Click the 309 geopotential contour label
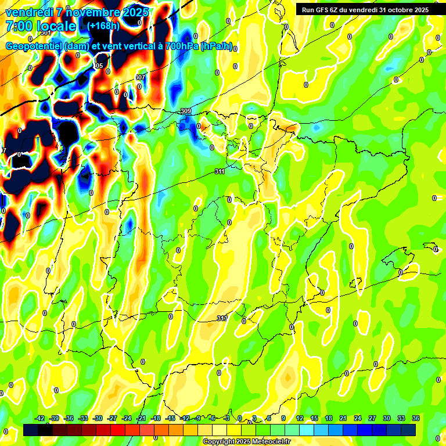(x=186, y=111)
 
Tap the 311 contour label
(x=220, y=171)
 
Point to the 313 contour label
(x=222, y=318)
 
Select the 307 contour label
(x=139, y=77)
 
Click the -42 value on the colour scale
(x=40, y=418)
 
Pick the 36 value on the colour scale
(x=416, y=418)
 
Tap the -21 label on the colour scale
(x=141, y=418)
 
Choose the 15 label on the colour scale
(x=314, y=418)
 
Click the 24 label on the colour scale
(x=358, y=418)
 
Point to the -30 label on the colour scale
(x=98, y=418)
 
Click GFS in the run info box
(x=324, y=9)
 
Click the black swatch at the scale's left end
(x=31, y=430)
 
